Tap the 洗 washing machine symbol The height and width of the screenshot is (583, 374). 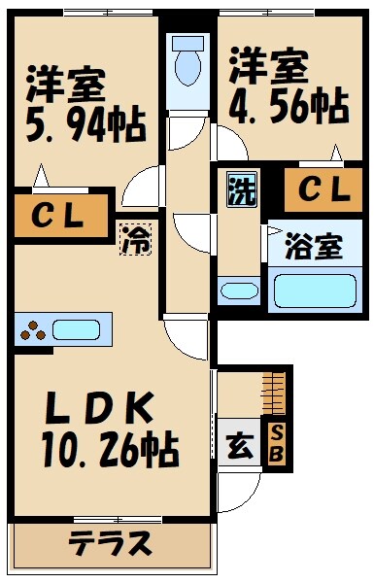coord(240,189)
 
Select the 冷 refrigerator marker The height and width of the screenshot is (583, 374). coord(135,239)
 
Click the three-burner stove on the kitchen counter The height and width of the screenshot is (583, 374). coord(34,330)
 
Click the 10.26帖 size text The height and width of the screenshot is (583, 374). coord(108,449)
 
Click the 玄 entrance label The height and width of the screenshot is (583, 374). coord(236,446)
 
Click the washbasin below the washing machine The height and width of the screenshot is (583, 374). coord(238,290)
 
